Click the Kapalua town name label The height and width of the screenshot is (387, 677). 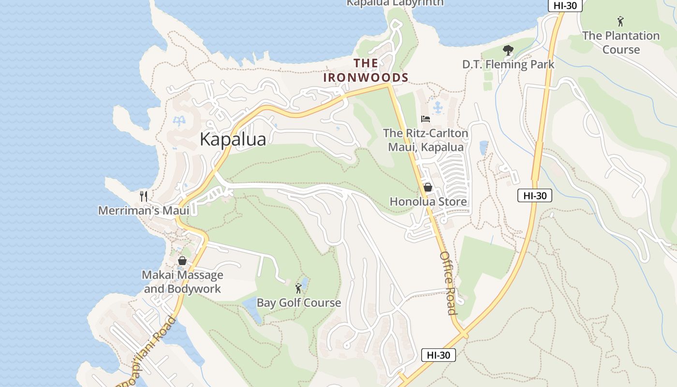[233, 139]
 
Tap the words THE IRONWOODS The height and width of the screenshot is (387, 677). [366, 70]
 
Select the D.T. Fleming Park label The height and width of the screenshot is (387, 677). [508, 64]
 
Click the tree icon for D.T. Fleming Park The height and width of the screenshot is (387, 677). [508, 50]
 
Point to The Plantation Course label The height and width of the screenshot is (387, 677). [621, 43]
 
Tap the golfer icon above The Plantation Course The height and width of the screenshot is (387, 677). [620, 21]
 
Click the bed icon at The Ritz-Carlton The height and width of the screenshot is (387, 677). [426, 119]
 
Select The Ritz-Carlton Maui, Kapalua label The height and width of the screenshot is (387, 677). [426, 140]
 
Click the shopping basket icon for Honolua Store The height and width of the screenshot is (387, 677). [428, 187]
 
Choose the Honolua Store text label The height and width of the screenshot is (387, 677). [428, 202]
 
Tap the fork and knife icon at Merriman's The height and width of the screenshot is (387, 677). [143, 196]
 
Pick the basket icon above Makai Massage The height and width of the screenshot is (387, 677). [182, 261]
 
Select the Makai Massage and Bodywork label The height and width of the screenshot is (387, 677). [182, 282]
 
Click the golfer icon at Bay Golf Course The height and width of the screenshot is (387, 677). [298, 289]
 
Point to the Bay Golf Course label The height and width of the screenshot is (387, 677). [298, 303]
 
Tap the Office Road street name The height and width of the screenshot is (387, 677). [448, 283]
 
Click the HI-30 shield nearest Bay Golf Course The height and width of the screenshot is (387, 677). [438, 355]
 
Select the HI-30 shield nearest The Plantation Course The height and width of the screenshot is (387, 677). [565, 5]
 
